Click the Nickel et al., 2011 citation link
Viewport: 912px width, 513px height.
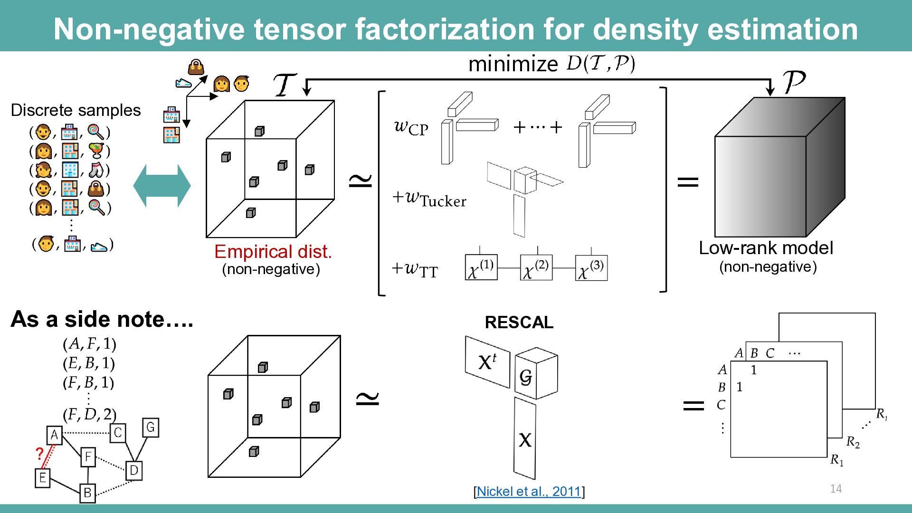click(529, 491)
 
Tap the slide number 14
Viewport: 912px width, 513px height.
click(836, 489)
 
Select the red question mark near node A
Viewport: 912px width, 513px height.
click(40, 454)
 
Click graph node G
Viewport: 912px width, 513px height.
click(151, 427)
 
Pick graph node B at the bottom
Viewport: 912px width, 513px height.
click(87, 493)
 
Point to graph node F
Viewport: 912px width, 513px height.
click(88, 457)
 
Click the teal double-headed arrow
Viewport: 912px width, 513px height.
click(162, 186)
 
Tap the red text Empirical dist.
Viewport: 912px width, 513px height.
click(273, 252)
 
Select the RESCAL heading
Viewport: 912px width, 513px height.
click(519, 323)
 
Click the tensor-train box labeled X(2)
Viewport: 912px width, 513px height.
click(536, 267)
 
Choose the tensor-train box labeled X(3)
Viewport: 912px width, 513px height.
click(591, 267)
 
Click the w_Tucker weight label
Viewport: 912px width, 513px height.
click(429, 199)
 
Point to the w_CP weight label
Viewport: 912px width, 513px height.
click(411, 127)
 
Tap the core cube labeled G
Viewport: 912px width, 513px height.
click(536, 374)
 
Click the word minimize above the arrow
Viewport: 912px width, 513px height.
click(513, 64)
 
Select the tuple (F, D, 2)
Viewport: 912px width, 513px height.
click(89, 414)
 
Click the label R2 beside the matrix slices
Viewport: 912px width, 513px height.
click(853, 443)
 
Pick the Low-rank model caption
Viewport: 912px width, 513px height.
click(766, 248)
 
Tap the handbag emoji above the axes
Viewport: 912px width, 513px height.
click(196, 67)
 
